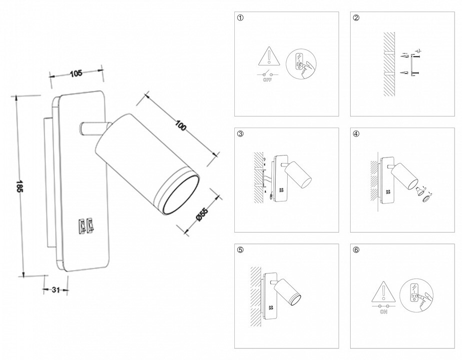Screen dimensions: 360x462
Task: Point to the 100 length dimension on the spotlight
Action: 180,125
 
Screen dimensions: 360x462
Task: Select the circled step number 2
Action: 356,18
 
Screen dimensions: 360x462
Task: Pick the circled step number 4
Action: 356,134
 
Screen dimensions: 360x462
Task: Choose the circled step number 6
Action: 356,250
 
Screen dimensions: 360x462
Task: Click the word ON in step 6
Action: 384,312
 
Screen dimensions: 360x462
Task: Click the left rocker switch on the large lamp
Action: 81,226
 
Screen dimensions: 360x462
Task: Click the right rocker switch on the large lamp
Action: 90,226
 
